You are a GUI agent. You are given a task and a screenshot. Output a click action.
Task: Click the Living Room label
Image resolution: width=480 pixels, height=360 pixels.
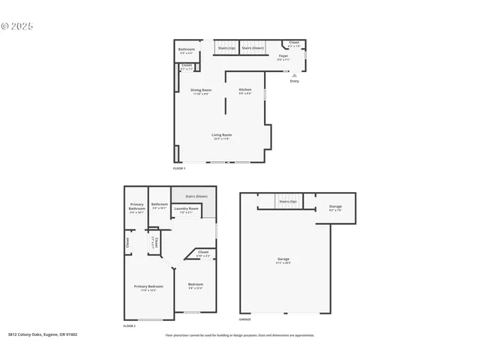tap(221, 135)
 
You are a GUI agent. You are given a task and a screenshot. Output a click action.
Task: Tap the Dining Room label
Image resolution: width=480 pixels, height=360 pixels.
tap(202, 90)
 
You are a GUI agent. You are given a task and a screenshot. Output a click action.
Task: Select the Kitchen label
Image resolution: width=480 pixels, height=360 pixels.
tap(245, 90)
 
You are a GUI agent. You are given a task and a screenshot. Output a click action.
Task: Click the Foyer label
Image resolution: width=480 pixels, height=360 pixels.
tap(283, 56)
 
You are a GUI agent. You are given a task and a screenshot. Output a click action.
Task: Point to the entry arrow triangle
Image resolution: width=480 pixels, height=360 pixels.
tap(294, 75)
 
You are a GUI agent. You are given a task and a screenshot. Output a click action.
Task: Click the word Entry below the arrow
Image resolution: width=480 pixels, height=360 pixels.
tap(294, 81)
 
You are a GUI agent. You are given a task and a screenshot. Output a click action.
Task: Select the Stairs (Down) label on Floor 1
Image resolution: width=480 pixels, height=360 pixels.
tap(252, 48)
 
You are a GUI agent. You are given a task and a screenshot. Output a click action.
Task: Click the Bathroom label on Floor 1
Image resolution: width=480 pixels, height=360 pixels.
tap(187, 49)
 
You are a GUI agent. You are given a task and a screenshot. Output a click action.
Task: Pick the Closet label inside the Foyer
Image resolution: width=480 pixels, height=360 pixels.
tap(294, 43)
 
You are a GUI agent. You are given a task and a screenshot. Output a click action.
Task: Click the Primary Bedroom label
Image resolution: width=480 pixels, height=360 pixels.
tap(148, 286)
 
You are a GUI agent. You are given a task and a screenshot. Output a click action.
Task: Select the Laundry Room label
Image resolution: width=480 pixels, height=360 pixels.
tap(189, 208)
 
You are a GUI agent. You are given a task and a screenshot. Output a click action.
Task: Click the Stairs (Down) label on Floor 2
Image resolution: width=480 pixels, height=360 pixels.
tap(196, 196)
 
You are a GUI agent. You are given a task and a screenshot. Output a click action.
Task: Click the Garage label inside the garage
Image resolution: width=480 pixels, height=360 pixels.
tap(283, 259)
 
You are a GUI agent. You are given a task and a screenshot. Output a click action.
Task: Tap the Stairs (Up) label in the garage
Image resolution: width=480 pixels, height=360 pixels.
tap(286, 201)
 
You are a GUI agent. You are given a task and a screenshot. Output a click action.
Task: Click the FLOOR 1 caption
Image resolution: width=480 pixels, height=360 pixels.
tap(179, 169)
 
